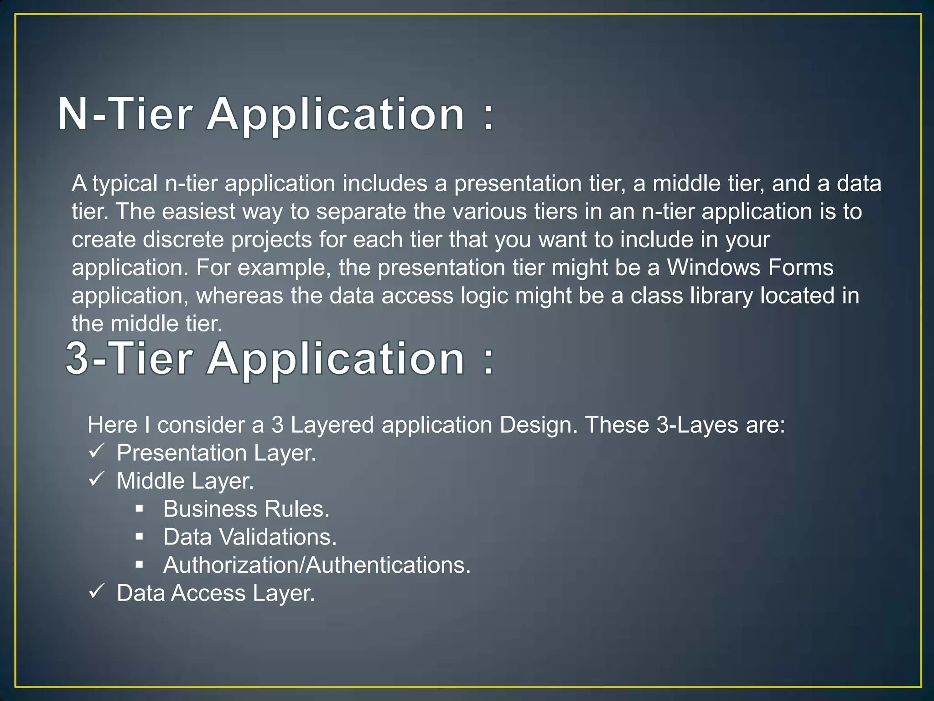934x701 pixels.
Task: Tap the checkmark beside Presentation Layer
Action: pos(97,451)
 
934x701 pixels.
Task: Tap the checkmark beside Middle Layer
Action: pos(97,479)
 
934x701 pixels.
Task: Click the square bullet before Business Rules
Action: pos(140,508)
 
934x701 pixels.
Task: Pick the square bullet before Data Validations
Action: pos(140,537)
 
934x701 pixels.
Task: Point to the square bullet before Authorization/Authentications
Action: pos(140,565)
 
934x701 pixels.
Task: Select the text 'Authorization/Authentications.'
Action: pos(317,565)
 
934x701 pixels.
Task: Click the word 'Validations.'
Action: pos(278,537)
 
